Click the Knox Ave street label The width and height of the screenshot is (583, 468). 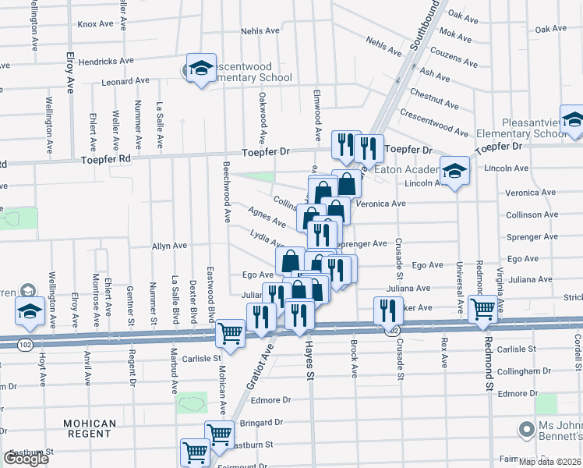click(x=96, y=24)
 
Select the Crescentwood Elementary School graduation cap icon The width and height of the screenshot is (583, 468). click(x=201, y=68)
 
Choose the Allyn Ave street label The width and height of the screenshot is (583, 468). click(x=170, y=246)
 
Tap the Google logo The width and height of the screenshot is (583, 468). click(x=25, y=459)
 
